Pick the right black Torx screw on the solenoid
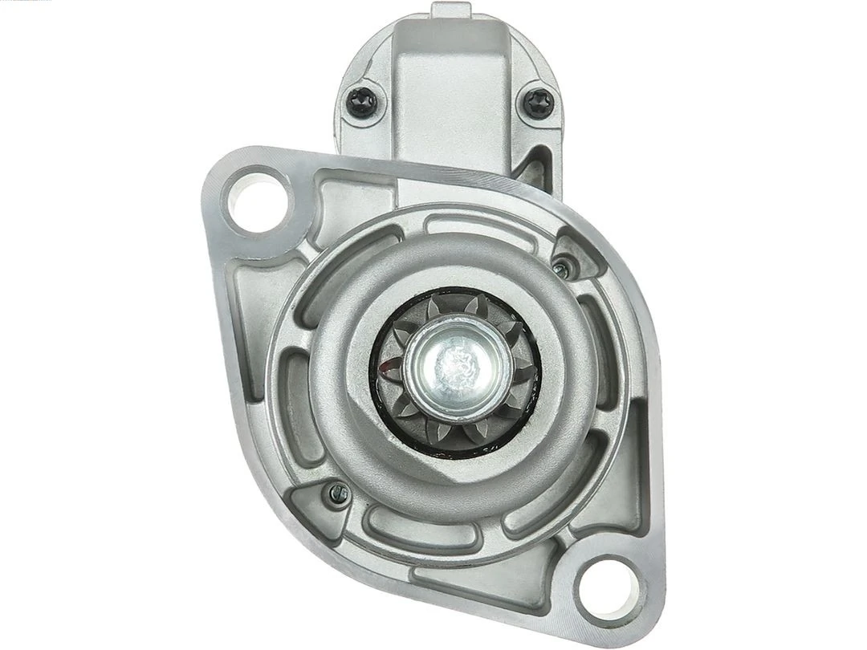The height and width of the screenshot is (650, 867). click(537, 103)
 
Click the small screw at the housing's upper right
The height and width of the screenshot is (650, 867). click(562, 268)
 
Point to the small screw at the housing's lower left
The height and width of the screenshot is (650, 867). click(339, 494)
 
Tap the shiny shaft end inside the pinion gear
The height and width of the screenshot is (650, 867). click(458, 365)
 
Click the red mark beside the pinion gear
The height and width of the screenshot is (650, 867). click(389, 368)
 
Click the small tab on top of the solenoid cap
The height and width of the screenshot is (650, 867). click(450, 10)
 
